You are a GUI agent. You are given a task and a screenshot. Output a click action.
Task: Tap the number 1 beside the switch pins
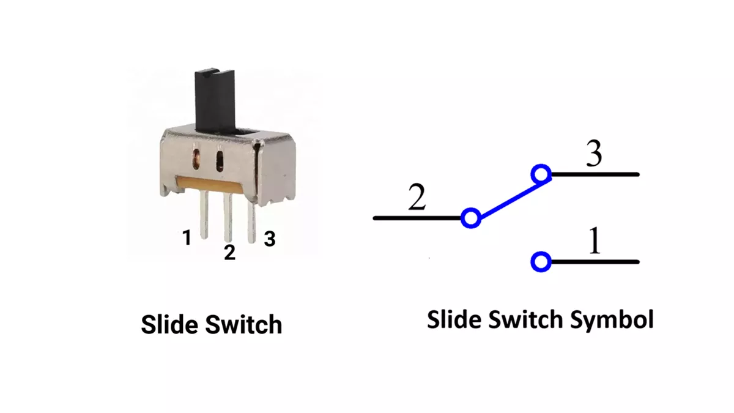click(x=187, y=237)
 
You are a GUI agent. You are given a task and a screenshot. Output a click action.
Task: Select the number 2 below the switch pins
click(x=229, y=251)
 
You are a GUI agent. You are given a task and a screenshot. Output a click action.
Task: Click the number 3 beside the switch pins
click(x=269, y=239)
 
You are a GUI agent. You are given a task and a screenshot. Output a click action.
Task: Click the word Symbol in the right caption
click(x=617, y=319)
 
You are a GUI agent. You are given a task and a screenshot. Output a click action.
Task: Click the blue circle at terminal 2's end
click(x=470, y=218)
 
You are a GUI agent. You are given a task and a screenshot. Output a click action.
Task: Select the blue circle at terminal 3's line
click(x=541, y=175)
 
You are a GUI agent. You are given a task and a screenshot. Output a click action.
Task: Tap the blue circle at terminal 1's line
click(x=541, y=262)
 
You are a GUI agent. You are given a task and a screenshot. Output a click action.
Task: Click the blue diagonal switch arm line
click(x=505, y=196)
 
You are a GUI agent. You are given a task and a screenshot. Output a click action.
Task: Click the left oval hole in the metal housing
click(x=196, y=158)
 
